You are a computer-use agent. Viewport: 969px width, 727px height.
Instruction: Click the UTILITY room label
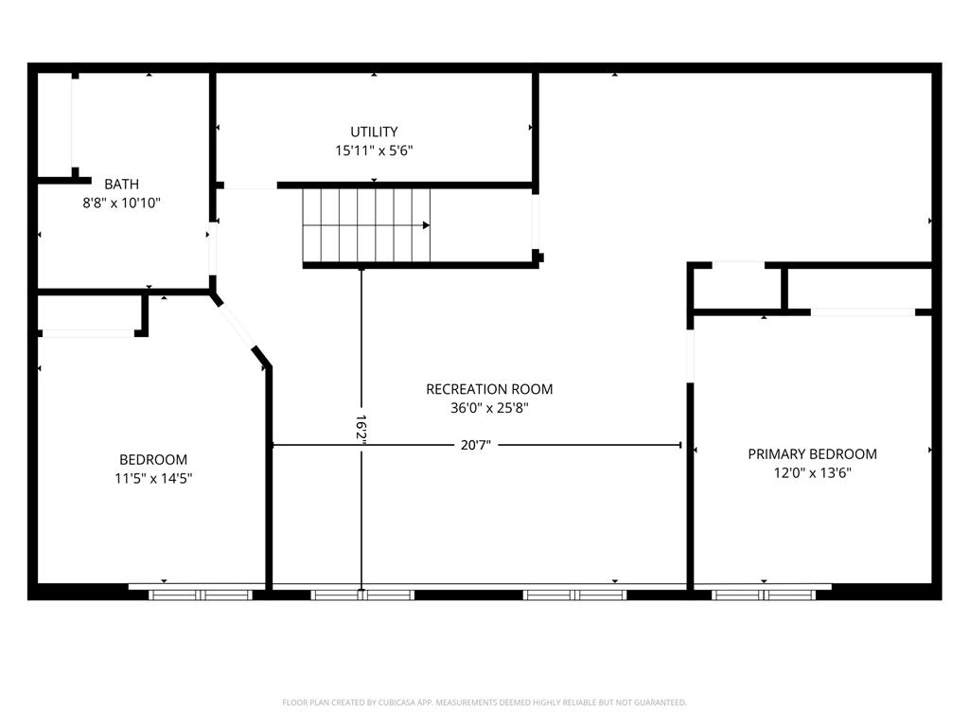(x=374, y=132)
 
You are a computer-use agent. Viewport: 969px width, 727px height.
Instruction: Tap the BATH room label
(x=121, y=184)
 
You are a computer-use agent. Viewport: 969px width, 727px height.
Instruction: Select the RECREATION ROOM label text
(x=489, y=389)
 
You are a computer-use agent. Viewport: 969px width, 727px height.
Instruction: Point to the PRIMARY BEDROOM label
(x=812, y=454)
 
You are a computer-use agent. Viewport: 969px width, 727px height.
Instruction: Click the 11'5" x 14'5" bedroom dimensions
(x=153, y=478)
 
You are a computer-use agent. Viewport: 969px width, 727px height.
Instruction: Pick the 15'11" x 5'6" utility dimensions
(x=374, y=150)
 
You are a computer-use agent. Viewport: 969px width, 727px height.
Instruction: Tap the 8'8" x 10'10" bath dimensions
(x=121, y=202)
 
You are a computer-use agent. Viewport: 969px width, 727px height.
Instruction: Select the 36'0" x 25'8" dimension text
(x=489, y=408)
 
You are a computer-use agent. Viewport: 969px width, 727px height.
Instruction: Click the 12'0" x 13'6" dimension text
(x=812, y=472)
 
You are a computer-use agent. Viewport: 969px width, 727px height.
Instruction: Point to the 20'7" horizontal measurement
(x=476, y=445)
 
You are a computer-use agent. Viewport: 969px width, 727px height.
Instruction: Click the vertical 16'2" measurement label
(x=361, y=428)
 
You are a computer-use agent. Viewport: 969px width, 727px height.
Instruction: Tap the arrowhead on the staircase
(x=427, y=225)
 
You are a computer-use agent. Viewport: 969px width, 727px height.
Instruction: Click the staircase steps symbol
(x=365, y=225)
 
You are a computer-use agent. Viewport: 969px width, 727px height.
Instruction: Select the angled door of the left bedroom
(x=238, y=326)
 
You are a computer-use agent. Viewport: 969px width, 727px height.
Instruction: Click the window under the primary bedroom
(x=764, y=594)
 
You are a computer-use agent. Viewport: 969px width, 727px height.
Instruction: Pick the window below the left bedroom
(x=201, y=594)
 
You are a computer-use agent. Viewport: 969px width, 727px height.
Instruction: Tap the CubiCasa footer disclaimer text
(x=484, y=702)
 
